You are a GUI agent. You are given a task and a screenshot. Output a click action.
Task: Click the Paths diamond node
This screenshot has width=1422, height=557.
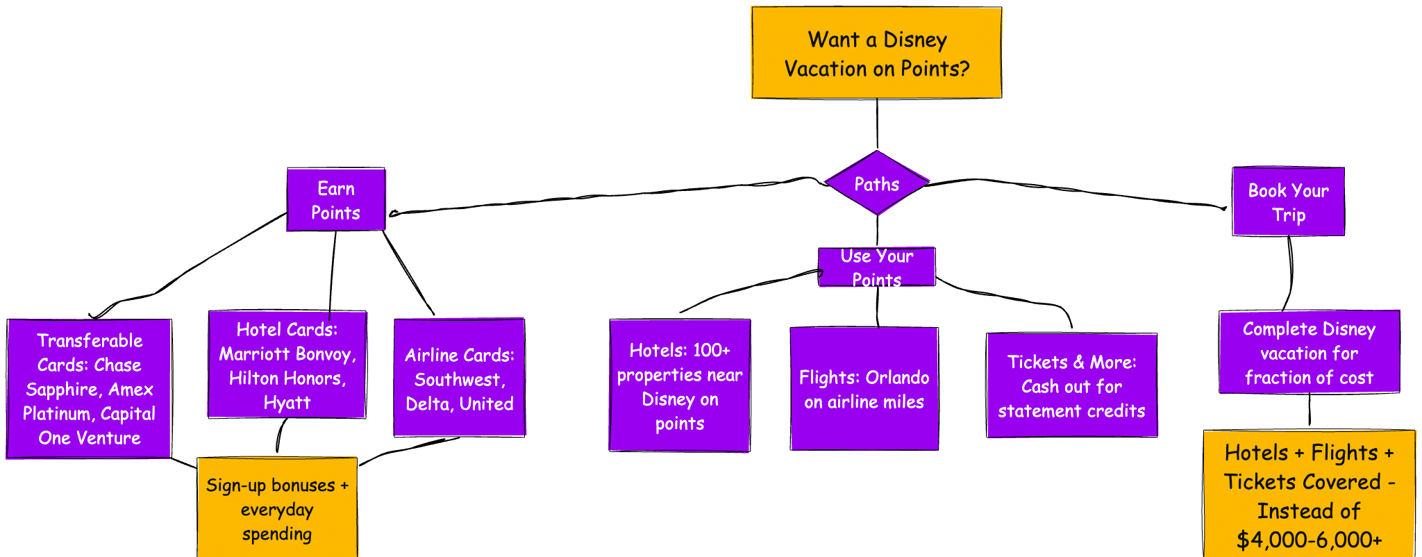877,183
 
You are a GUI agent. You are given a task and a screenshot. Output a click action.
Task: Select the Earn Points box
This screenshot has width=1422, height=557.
336,200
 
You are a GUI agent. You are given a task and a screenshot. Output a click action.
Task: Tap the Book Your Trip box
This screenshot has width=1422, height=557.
1288,202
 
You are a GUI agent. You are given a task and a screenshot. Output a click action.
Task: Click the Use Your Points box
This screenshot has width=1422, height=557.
876,267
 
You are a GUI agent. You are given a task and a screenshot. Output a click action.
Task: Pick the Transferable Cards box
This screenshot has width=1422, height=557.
89,389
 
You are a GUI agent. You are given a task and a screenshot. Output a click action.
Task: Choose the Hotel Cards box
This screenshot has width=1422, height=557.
287,365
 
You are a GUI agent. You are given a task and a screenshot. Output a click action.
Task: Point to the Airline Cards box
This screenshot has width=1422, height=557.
459,379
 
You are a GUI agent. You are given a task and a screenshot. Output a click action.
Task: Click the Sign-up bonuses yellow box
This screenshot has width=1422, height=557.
277,508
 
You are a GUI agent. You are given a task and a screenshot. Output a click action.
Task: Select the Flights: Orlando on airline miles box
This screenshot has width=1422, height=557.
864,389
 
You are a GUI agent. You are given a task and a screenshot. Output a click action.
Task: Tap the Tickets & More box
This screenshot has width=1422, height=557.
1071,386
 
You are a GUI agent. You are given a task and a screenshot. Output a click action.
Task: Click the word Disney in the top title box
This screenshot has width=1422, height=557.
915,40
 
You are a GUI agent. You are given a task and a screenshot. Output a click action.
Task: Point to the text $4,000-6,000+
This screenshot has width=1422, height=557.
1309,540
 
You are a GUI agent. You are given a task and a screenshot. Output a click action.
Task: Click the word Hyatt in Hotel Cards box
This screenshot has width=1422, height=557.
287,403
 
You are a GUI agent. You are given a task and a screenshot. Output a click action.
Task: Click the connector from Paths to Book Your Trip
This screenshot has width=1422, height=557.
1076,191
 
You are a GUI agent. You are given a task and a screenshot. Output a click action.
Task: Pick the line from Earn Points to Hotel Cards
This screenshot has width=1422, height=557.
333,271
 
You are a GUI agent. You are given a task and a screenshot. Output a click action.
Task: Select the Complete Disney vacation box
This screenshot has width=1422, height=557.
1309,353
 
